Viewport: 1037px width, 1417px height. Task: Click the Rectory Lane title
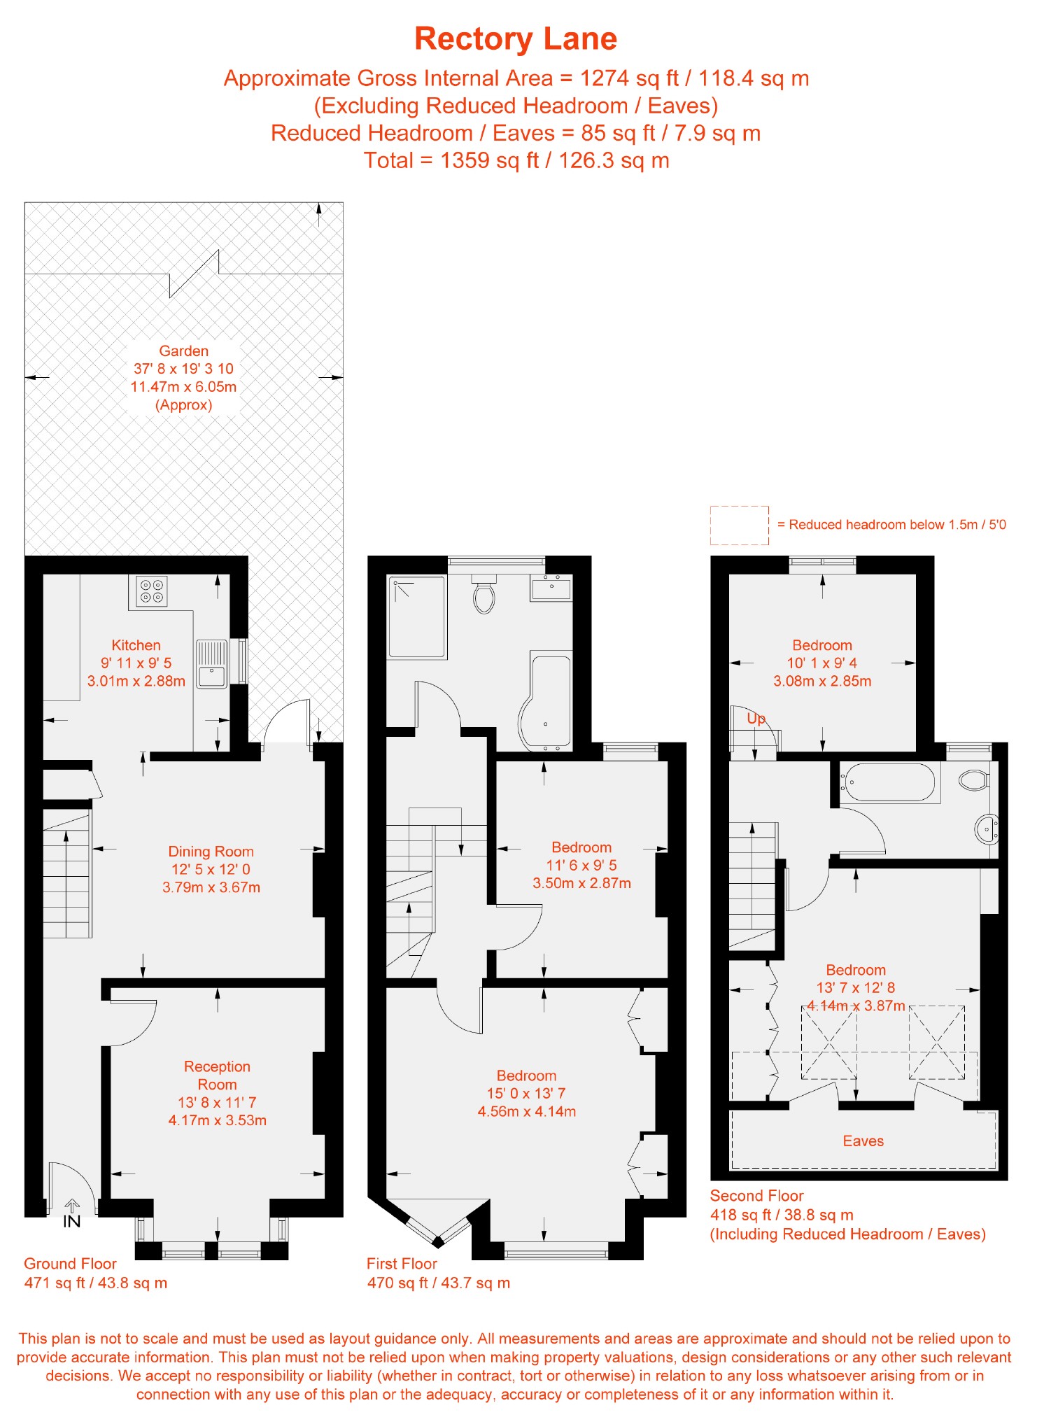[516, 39]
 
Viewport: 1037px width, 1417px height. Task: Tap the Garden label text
[183, 351]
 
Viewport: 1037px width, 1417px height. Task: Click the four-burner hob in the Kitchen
[151, 591]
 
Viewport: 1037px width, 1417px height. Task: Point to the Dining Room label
[211, 852]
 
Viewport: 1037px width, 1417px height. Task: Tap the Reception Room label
[217, 1076]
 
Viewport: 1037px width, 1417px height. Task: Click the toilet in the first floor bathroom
[484, 594]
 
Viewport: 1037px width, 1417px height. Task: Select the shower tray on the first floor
[417, 616]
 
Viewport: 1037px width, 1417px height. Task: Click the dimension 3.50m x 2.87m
[581, 883]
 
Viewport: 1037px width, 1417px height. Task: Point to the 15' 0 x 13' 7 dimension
[526, 1093]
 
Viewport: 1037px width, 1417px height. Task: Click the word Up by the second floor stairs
[756, 719]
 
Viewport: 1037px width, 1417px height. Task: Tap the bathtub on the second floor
[888, 782]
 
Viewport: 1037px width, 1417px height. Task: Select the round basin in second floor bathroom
[987, 829]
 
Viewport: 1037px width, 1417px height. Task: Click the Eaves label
[863, 1141]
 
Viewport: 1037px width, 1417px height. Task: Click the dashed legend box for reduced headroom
[739, 525]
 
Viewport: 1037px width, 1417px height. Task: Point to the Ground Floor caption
[70, 1264]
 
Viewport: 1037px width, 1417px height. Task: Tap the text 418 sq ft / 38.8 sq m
[782, 1215]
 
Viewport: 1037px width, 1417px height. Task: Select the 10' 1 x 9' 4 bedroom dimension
[821, 663]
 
